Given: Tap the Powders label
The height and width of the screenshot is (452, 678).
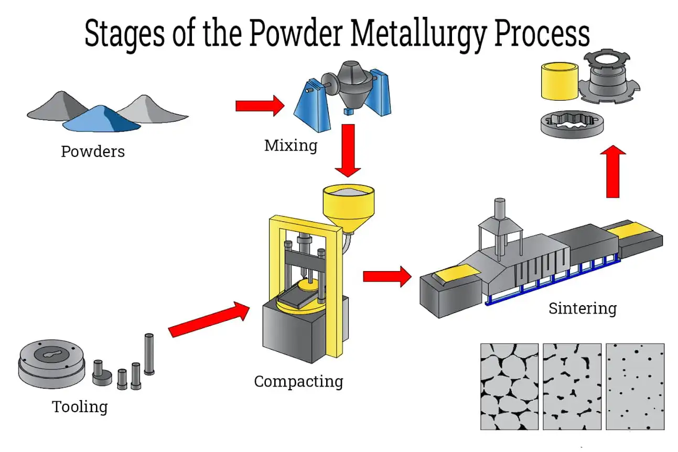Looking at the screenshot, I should [93, 152].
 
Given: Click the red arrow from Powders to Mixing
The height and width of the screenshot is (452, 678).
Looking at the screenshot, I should [260, 106].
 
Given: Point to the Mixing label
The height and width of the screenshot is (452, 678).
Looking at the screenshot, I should [290, 145].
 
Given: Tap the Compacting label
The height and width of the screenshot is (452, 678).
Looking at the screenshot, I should [298, 381].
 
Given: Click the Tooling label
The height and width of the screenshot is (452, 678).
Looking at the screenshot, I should [80, 406].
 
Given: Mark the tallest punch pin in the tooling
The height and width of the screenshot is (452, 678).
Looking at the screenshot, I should [149, 354].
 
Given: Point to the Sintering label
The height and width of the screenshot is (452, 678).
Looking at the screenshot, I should [582, 308].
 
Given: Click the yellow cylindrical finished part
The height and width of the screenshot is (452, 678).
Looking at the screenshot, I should [559, 81].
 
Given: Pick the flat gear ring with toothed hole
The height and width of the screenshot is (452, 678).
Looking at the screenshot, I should [568, 124].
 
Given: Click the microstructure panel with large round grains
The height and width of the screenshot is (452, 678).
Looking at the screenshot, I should [509, 386].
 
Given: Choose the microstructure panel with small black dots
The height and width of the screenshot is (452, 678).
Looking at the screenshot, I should [634, 386].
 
